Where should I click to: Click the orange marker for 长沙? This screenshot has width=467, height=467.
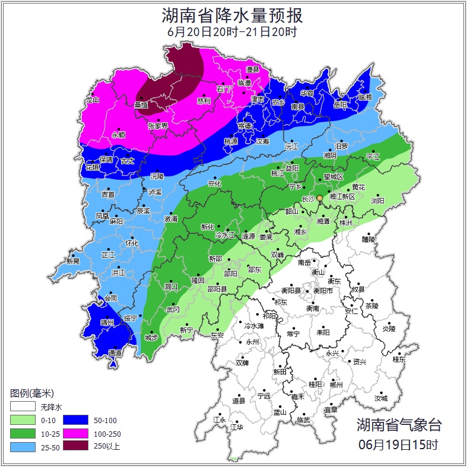[x=319, y=198]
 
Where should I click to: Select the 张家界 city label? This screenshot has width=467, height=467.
[x=158, y=126]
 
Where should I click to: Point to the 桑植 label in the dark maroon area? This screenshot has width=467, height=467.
[x=141, y=104]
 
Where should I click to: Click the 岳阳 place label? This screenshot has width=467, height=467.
[x=340, y=105]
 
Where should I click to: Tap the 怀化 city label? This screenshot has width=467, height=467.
[x=132, y=243]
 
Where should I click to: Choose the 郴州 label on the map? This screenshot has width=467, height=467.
[x=336, y=385]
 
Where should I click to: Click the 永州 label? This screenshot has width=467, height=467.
[x=253, y=342]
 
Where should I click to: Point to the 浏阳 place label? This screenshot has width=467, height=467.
[x=377, y=201]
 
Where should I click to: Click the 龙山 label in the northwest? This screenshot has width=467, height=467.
[x=92, y=100]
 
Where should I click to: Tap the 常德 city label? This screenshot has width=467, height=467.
[x=244, y=126]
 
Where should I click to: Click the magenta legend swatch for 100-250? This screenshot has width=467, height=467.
[x=75, y=433]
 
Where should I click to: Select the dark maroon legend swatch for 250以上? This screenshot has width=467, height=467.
[x=75, y=446]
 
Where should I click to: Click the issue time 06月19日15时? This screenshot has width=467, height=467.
[x=399, y=444]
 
